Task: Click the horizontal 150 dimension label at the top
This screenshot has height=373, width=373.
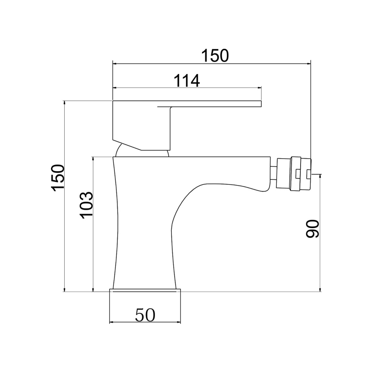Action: (x=215, y=56)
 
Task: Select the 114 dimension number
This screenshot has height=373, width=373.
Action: (x=186, y=81)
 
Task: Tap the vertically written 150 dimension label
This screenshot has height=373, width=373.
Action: (x=58, y=178)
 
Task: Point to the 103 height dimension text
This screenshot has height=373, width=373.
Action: (x=86, y=205)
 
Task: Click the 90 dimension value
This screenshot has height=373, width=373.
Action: (x=312, y=228)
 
